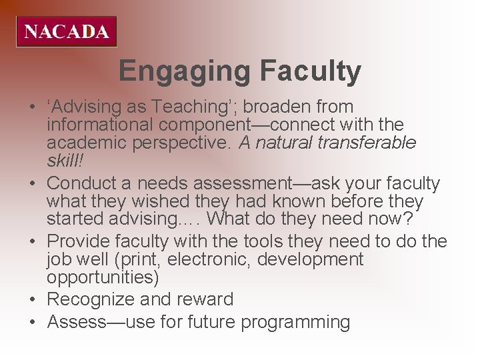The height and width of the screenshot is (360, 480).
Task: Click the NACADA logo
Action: coord(67,31)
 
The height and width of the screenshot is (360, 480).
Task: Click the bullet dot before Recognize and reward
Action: coord(33,299)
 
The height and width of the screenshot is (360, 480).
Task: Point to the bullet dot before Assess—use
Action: coord(33,322)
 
